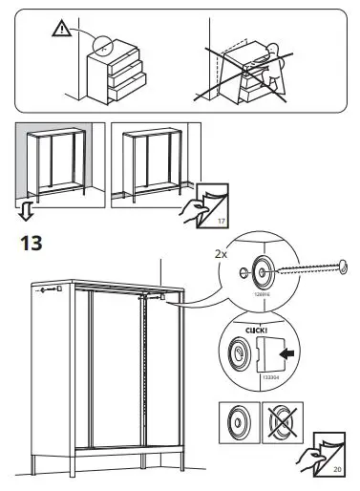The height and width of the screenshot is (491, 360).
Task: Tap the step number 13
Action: point(32,245)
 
